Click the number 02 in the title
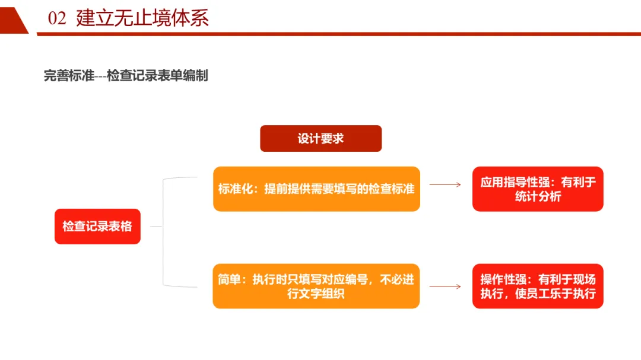pyautogui.click(x=57, y=18)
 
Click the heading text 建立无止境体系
pyautogui.click(x=142, y=18)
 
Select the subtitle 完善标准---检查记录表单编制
pyautogui.click(x=126, y=76)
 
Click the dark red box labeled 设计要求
pyautogui.click(x=320, y=138)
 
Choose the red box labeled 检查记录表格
pyautogui.click(x=97, y=226)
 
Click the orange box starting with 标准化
pyautogui.click(x=316, y=189)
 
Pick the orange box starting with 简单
pyautogui.click(x=316, y=286)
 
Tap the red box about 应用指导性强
pyautogui.click(x=538, y=189)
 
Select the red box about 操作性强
pyautogui.click(x=538, y=286)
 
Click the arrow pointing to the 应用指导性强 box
pyautogui.click(x=445, y=184)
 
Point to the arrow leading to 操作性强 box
pyautogui.click(x=445, y=286)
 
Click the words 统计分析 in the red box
pyautogui.click(x=538, y=197)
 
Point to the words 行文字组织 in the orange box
pyautogui.click(x=316, y=294)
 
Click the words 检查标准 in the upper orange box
pyautogui.click(x=392, y=189)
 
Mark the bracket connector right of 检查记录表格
pyautogui.click(x=163, y=231)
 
